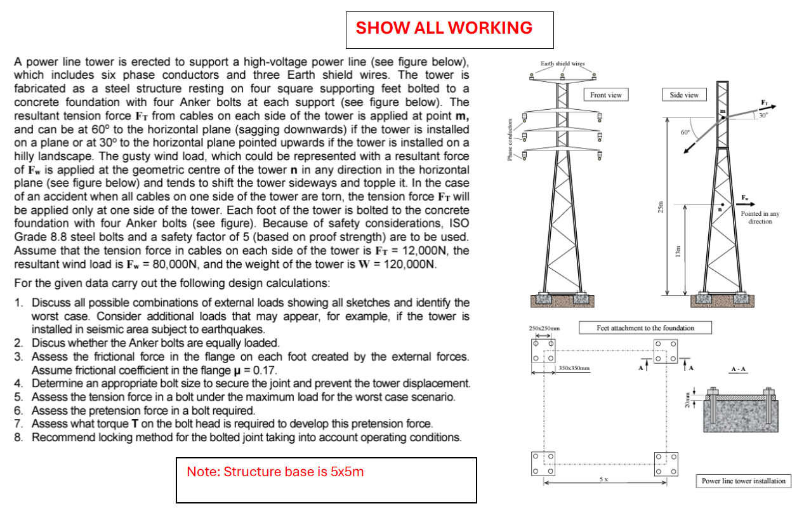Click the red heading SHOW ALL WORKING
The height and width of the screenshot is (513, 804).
[x=444, y=28]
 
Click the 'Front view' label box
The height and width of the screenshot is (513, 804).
[x=605, y=95]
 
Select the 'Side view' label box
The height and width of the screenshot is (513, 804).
[x=684, y=95]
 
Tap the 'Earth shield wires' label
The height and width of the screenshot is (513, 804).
[x=562, y=63]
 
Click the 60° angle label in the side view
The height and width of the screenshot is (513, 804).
[x=684, y=133]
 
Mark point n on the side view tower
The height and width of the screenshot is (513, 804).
[x=720, y=210]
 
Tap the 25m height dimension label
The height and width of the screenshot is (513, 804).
[x=661, y=208]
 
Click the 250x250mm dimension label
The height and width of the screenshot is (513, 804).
[x=542, y=328]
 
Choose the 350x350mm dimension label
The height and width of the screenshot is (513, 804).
[x=574, y=368]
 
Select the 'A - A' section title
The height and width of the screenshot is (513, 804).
[x=739, y=369]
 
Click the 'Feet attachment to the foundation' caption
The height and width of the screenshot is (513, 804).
[x=645, y=328]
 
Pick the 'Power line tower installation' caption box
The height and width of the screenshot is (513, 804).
[x=744, y=481]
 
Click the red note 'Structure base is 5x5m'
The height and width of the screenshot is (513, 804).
[x=275, y=472]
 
